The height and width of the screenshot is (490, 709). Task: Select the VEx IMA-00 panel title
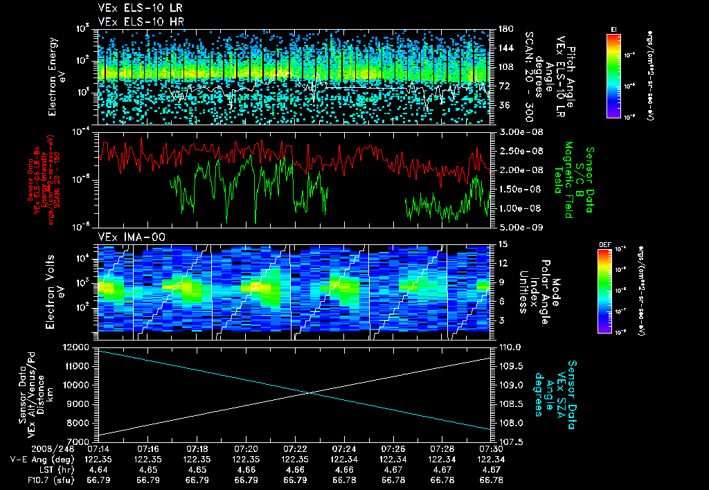coord(125,237)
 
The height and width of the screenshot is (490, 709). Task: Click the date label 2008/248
coord(33,448)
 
